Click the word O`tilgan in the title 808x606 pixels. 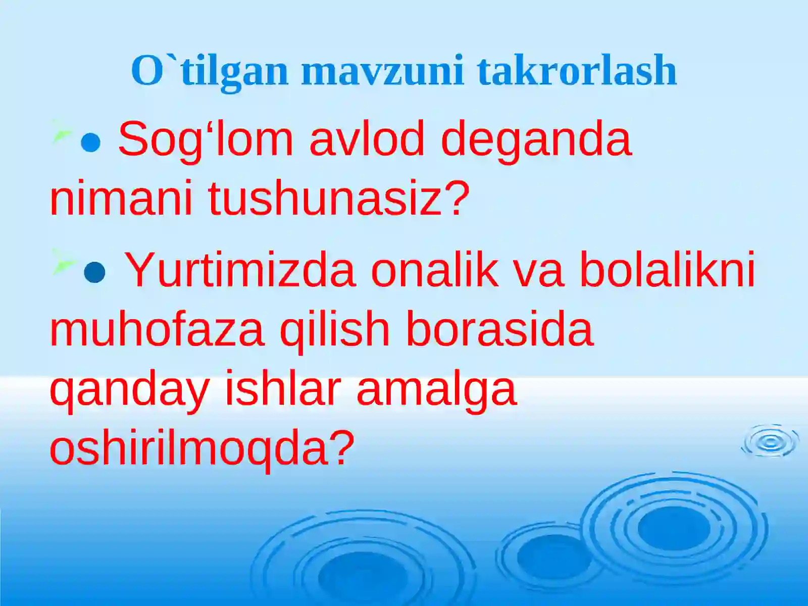click(x=210, y=71)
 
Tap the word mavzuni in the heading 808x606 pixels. click(x=382, y=71)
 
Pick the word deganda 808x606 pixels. click(x=536, y=139)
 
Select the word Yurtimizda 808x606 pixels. click(x=240, y=270)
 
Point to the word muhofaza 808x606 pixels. click(x=157, y=330)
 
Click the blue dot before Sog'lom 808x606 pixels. click(x=91, y=143)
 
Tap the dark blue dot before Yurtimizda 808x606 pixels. click(x=94, y=273)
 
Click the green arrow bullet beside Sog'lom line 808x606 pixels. click(x=61, y=130)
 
